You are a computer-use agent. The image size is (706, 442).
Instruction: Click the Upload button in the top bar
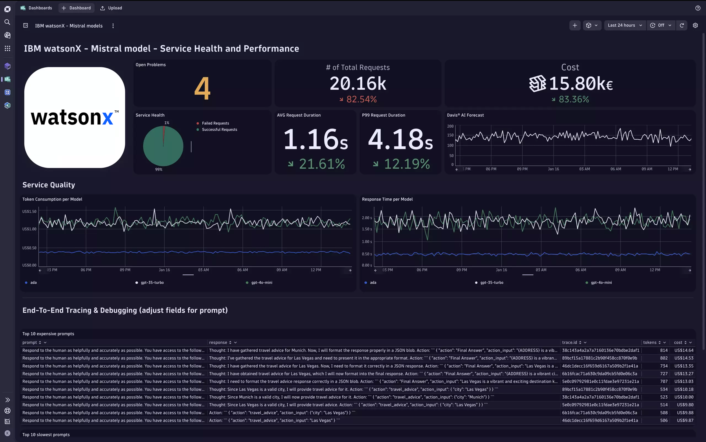pos(111,8)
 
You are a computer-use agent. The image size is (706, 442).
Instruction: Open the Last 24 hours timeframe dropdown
pos(624,25)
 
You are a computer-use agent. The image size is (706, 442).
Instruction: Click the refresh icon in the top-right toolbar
pos(682,25)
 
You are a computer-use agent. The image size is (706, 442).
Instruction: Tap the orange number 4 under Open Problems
pos(202,88)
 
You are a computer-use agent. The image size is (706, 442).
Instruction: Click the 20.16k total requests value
pos(358,84)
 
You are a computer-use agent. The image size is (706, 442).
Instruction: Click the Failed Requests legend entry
pos(215,123)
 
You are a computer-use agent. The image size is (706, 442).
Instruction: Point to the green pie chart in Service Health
pos(163,146)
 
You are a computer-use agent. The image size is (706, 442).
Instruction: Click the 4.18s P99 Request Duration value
pos(400,139)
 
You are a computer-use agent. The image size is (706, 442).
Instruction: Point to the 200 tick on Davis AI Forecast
pos(450,126)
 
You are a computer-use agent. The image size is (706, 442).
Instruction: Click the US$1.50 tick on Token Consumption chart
pos(29,211)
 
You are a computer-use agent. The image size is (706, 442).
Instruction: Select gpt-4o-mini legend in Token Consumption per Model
pos(261,283)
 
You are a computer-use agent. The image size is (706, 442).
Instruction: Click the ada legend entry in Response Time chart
pos(373,283)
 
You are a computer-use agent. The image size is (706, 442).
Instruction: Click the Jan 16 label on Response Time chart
pos(501,270)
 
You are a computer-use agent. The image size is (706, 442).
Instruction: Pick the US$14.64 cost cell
pos(683,350)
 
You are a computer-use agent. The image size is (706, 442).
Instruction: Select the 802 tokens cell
pos(664,358)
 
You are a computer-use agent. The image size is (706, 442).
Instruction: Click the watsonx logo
pos(74,118)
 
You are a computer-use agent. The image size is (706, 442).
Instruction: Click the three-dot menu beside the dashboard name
pos(113,26)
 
